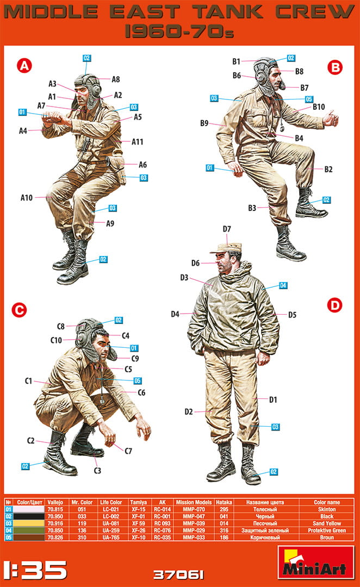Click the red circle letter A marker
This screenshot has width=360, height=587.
coord(24,66)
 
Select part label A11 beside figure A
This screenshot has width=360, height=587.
coord(138,142)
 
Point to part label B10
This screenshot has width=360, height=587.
coord(319,107)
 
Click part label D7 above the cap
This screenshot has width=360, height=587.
coord(227,229)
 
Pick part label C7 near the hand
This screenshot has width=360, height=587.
coord(128,451)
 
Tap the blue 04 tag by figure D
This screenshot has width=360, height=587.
coord(283,286)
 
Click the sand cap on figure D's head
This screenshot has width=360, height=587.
coord(225,247)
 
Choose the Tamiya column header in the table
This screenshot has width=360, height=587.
coord(138,502)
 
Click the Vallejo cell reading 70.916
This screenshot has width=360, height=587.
coord(55,523)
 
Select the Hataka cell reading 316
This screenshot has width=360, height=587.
coord(224,530)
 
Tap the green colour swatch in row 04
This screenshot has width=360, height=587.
coord(28,530)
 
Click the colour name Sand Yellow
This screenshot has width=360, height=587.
coord(327,523)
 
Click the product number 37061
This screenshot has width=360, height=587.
coord(179,574)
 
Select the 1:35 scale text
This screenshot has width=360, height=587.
coord(34,570)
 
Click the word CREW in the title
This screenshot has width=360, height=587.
coord(315,13)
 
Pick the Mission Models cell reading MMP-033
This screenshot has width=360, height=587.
coord(194,538)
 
